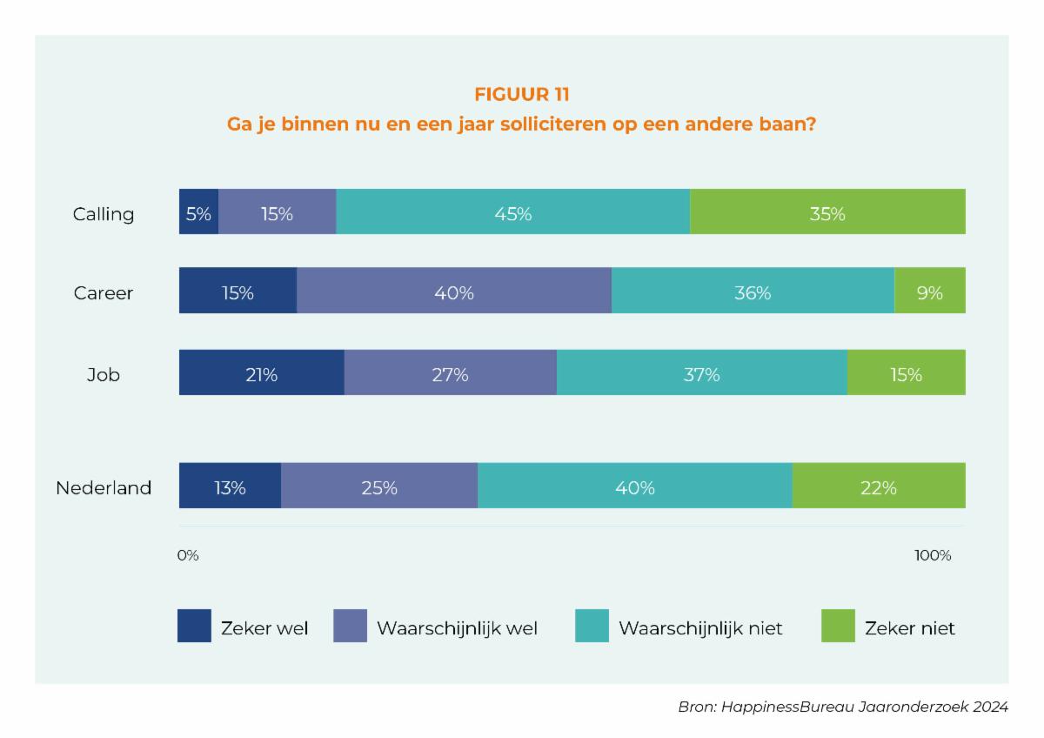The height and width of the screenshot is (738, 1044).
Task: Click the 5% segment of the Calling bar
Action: [x=198, y=211]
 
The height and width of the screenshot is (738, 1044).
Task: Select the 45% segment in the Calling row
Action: [x=513, y=211]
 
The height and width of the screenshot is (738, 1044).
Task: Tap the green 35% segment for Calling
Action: [x=827, y=211]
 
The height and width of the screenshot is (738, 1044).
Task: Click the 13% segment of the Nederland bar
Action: [x=230, y=486]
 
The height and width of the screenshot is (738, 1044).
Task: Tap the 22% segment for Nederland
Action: [x=879, y=486]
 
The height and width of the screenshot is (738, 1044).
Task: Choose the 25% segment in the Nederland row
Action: [x=379, y=486]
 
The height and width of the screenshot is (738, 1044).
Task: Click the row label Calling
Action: [x=104, y=214]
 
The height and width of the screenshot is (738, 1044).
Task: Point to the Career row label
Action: [x=104, y=293]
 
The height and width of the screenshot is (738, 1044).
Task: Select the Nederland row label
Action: [x=104, y=487]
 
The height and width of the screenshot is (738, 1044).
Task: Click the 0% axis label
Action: [x=188, y=555]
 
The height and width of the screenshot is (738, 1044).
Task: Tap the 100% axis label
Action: [x=933, y=555]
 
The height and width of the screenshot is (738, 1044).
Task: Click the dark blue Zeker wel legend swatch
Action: [x=194, y=626]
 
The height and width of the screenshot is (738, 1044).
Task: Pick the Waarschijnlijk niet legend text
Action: [x=700, y=627]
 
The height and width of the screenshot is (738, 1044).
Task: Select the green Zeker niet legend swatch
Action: [x=838, y=626]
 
